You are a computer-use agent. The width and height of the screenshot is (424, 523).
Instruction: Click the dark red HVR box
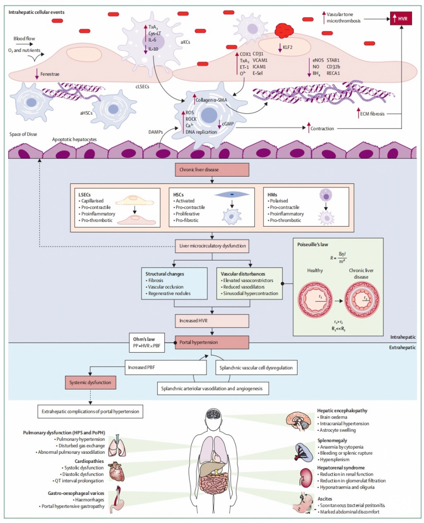tap(401, 18)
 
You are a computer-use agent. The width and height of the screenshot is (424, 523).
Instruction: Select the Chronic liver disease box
tap(212, 169)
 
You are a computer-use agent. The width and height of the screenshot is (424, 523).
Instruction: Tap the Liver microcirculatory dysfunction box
tap(212, 246)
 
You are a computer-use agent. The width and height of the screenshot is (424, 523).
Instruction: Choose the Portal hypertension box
tap(212, 342)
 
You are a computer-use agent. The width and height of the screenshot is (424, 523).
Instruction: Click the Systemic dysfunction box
tap(90, 383)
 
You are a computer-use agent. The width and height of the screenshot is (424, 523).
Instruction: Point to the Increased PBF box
tap(166, 367)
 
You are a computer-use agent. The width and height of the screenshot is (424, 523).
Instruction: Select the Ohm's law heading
tap(144, 339)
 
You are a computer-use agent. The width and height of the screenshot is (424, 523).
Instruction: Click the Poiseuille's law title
tap(312, 244)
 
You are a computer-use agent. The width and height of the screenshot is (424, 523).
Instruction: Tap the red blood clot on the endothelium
tap(284, 30)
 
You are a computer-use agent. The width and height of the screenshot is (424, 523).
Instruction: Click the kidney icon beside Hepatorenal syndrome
tap(305, 477)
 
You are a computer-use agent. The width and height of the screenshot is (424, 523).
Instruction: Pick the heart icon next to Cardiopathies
tap(117, 471)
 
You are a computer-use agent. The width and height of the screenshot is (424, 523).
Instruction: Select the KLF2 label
tap(287, 47)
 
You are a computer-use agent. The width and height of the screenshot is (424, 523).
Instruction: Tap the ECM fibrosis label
tap(372, 114)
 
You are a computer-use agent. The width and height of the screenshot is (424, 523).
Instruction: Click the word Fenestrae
tap(50, 74)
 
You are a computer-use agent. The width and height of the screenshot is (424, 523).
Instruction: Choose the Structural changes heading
tap(165, 274)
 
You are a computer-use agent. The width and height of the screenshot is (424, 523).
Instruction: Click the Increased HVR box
tap(212, 321)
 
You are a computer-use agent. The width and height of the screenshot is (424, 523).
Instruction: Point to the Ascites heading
tap(325, 499)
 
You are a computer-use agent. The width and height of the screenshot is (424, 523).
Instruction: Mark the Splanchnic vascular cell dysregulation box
tap(256, 367)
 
